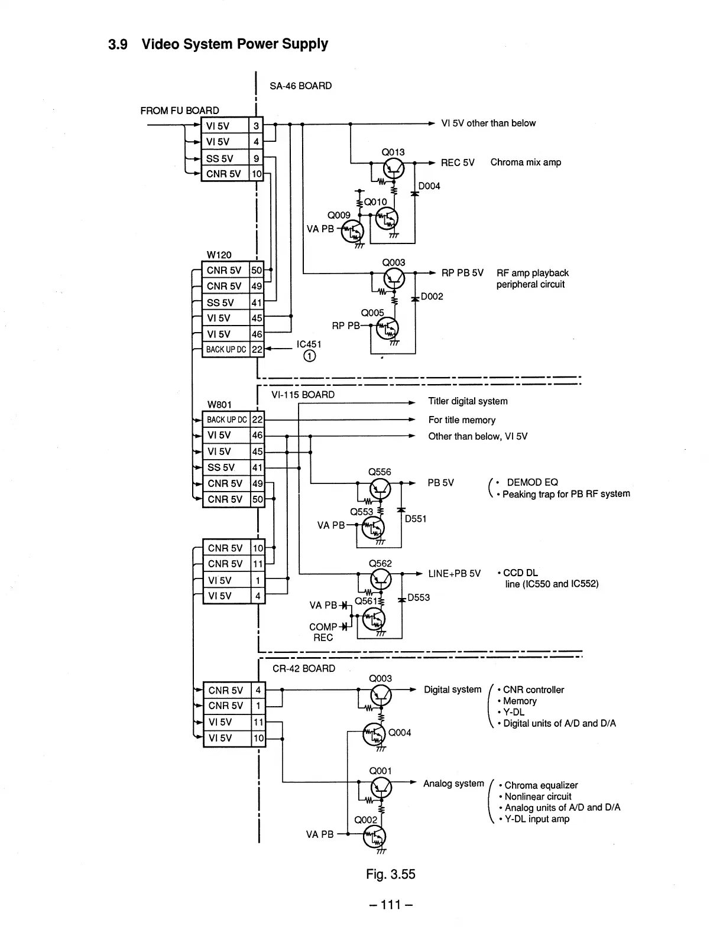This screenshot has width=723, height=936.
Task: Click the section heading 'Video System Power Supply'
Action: coord(235,44)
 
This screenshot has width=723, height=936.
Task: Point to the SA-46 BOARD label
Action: coord(301,86)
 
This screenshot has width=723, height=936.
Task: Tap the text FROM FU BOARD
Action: coord(180,110)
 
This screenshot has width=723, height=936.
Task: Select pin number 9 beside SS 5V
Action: coord(257,158)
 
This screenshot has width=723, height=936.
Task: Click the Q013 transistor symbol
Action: coord(394,168)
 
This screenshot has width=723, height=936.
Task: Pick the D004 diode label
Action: coord(429,186)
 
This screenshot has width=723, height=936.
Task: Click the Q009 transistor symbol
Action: coord(352,232)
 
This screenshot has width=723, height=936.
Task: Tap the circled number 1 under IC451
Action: coord(309,356)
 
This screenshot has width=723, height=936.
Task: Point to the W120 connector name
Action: coord(219,255)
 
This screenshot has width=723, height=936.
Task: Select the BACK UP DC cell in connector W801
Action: coord(226,420)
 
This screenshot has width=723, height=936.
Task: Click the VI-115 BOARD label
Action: coord(303,395)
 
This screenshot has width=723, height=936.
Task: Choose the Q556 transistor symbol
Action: coord(380,489)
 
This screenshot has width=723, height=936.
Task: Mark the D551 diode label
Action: coord(416,519)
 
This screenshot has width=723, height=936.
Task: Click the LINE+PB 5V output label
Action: coord(454,574)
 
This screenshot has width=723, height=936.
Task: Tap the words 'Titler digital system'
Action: coord(468,401)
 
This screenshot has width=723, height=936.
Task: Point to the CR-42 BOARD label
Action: coord(304,668)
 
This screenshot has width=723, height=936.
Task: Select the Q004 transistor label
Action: coord(400,733)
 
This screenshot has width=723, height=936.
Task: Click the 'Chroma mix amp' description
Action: coord(526,162)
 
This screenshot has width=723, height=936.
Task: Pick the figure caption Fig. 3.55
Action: coord(391,875)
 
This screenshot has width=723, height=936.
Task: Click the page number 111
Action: coord(391,905)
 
